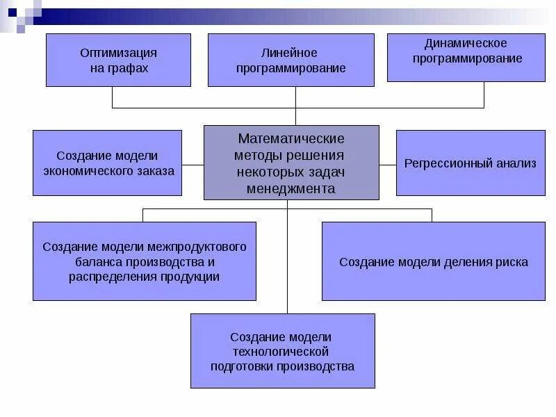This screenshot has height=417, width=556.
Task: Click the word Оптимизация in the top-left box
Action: tap(118, 54)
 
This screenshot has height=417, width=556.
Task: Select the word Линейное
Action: tap(290, 54)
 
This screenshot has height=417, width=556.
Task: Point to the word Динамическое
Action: tap(467, 44)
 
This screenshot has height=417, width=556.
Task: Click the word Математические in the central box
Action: tap(291, 139)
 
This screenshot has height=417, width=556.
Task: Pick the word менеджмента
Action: tap(291, 188)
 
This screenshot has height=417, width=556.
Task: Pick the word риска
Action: tap(511, 262)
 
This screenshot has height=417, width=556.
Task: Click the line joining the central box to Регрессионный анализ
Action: tap(388, 165)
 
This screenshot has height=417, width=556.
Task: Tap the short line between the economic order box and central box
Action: tap(193, 165)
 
